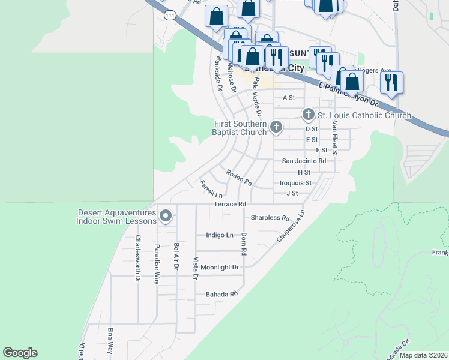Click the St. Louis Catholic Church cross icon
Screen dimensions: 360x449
click(308, 114)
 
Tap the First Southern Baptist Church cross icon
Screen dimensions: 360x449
click(276, 126)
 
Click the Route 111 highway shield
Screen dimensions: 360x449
click(172, 18)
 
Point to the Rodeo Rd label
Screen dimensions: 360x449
click(239, 178)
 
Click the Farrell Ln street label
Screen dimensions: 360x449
click(211, 189)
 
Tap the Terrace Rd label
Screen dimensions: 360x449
click(230, 205)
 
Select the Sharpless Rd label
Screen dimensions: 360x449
click(270, 218)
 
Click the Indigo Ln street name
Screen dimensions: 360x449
click(219, 235)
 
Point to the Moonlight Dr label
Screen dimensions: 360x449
click(220, 267)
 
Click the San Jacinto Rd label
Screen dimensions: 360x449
click(304, 161)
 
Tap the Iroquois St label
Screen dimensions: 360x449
click(295, 183)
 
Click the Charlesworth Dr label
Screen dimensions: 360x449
click(137, 258)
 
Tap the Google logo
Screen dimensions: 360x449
click(20, 353)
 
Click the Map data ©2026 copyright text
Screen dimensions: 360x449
click(423, 355)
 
